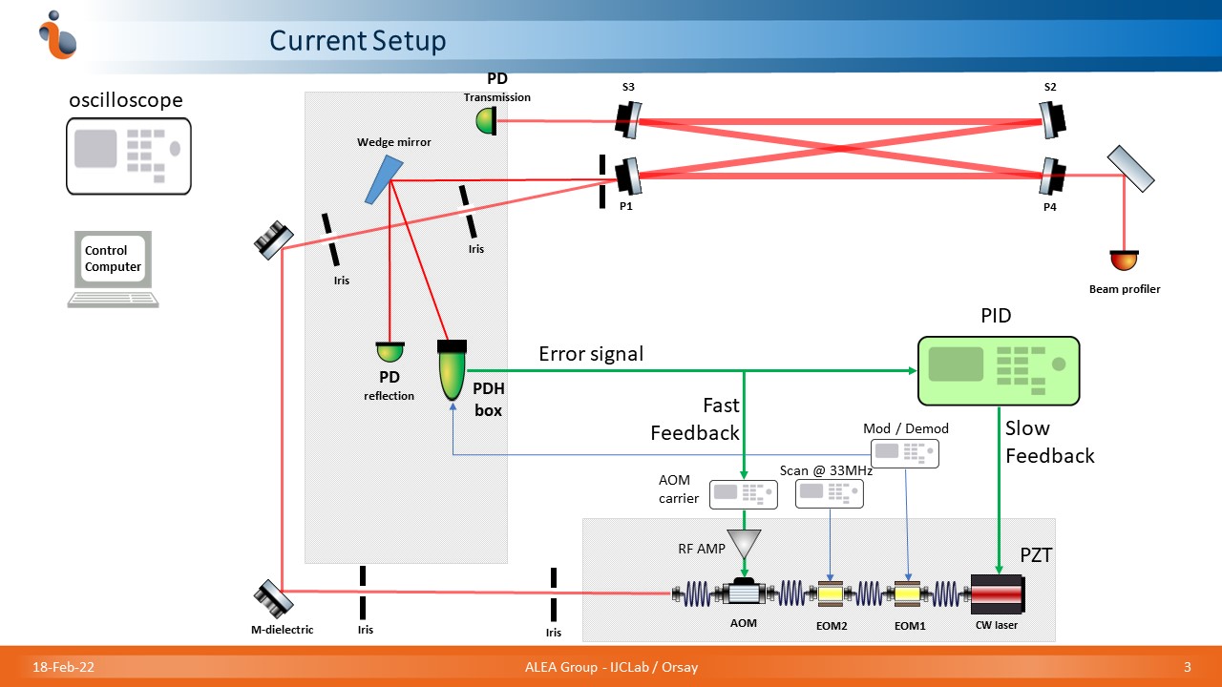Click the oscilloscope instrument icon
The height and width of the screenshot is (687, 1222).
click(x=128, y=156)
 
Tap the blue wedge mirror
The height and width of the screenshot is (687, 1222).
click(x=383, y=179)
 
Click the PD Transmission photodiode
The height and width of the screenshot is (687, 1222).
click(x=486, y=121)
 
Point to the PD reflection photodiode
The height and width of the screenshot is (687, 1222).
click(x=389, y=352)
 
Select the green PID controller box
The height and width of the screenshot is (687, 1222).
click(x=998, y=370)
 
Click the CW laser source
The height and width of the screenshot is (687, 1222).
click(x=997, y=594)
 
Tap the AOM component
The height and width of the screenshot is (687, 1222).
click(x=744, y=593)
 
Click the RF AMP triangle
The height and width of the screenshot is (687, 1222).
click(x=743, y=545)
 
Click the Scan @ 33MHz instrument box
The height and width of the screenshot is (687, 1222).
click(x=829, y=492)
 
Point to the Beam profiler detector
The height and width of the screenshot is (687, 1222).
click(x=1124, y=260)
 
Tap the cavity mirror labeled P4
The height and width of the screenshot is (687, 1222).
click(x=1051, y=176)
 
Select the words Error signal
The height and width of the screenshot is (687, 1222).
click(x=591, y=354)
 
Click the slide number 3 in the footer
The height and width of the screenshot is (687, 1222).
click(x=1187, y=666)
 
